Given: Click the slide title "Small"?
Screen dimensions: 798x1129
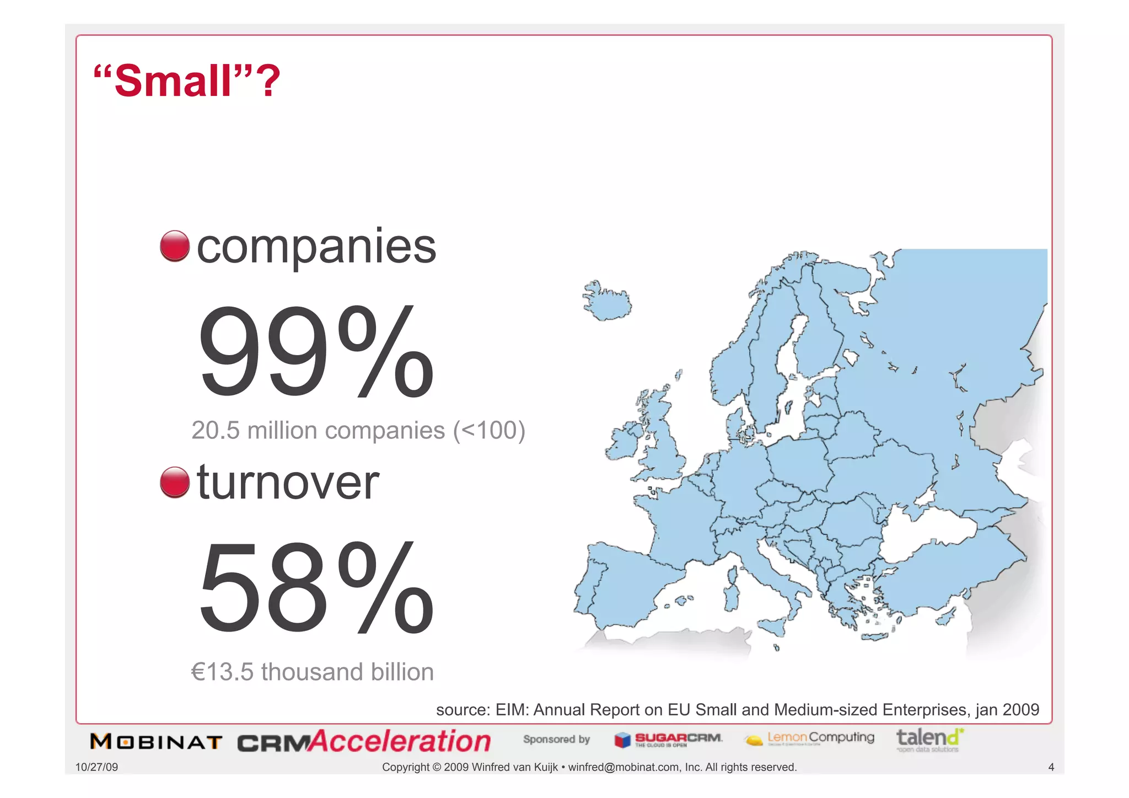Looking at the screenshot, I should (x=187, y=81).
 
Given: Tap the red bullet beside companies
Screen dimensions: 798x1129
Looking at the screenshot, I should (x=175, y=246).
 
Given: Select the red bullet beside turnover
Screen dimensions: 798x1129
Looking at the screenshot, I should (x=175, y=482).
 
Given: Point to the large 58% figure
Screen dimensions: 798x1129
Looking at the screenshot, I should (x=316, y=587).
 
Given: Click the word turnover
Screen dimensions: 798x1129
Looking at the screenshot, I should (x=288, y=482).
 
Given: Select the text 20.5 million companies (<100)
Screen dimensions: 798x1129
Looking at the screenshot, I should (x=358, y=431).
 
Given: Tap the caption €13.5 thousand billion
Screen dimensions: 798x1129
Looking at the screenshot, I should (x=312, y=672).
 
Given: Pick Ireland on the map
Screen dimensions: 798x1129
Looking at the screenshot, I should (x=623, y=441).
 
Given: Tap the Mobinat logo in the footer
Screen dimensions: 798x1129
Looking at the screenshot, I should (x=156, y=742).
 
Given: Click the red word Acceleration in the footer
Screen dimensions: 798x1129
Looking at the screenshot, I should (x=400, y=741).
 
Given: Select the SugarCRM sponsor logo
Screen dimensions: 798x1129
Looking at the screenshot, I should (x=668, y=740).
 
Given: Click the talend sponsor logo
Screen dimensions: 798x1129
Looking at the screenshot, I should (x=929, y=740).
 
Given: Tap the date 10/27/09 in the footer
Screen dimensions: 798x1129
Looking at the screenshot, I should (x=96, y=767).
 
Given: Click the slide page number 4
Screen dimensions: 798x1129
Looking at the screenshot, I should (x=1051, y=767).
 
